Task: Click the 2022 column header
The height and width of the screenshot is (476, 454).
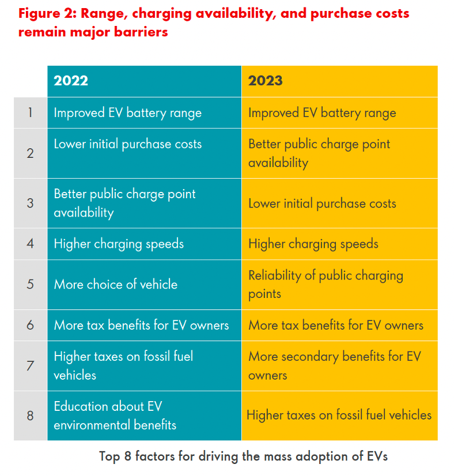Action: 71,81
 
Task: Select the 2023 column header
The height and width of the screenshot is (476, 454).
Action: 266,81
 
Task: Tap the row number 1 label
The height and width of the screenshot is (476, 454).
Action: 31,112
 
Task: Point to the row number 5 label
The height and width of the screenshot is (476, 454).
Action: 31,284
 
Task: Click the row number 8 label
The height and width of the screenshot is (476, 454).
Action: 31,415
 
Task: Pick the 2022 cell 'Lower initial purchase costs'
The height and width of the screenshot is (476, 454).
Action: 127,144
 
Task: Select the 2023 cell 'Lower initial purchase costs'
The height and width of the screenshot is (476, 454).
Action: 322,203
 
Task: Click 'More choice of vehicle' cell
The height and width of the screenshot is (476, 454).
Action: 116,284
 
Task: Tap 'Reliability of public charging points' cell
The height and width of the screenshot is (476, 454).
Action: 326,284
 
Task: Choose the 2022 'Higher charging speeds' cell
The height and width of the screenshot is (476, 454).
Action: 119,244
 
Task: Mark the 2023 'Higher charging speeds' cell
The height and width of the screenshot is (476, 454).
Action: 313,244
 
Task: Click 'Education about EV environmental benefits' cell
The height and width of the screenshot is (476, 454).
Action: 115,415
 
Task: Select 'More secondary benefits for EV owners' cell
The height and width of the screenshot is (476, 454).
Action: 334,365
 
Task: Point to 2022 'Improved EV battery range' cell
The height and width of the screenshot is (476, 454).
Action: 127,112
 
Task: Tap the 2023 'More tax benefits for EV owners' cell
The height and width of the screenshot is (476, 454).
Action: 336,325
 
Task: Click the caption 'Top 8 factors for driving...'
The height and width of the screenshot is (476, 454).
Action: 243,456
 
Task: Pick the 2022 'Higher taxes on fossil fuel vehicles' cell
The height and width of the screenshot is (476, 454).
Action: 123,365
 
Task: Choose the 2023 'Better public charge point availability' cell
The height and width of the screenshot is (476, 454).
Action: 319,153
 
